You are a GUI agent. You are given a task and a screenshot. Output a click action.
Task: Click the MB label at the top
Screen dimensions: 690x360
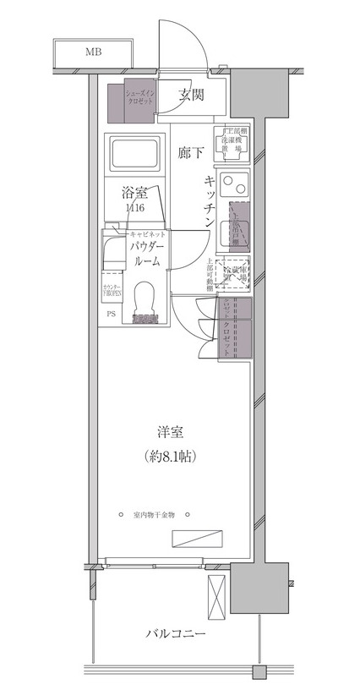[x=94, y=52]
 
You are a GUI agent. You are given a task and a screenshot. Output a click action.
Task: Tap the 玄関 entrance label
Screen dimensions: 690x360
[x=192, y=96]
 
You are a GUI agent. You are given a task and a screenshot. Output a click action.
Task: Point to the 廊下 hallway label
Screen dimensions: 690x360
[x=191, y=153]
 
